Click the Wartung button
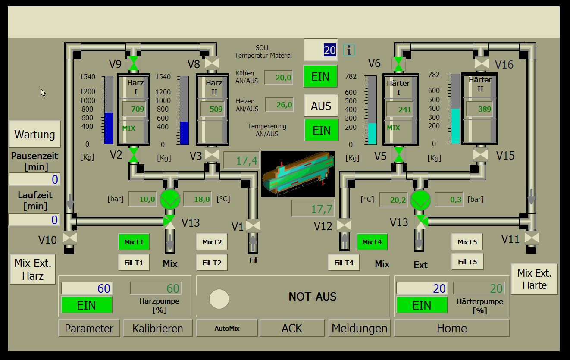34,134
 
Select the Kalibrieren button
158,328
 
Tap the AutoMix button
227,328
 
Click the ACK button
292,328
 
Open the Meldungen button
359,328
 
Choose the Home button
451,328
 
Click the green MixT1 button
134,242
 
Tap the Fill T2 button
212,262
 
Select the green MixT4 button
372,242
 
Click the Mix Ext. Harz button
33,269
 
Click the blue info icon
349,50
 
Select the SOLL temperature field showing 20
321,50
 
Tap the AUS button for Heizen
321,106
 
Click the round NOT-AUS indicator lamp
219,298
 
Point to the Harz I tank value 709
134,109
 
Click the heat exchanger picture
298,174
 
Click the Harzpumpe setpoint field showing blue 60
86,288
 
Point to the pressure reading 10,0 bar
142,199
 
